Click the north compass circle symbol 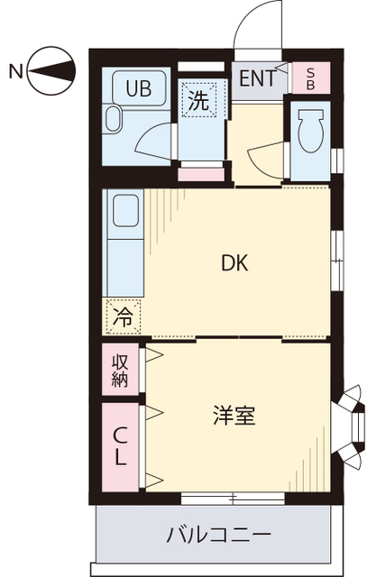51,70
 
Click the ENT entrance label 257,78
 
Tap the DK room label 235,264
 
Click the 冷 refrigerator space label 123,317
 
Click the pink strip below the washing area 200,173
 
